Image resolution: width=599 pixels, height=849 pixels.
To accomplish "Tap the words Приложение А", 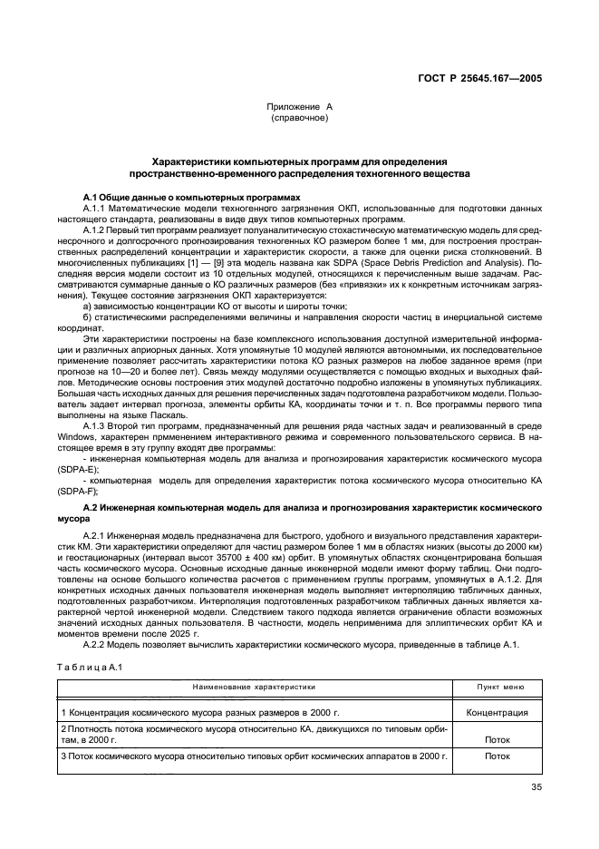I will coord(299,107).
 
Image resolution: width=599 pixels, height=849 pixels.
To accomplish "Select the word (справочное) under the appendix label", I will coord(299,118).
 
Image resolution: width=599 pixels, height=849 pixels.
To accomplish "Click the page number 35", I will coord(536,786).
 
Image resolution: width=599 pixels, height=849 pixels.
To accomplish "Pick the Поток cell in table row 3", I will coord(497,755).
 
